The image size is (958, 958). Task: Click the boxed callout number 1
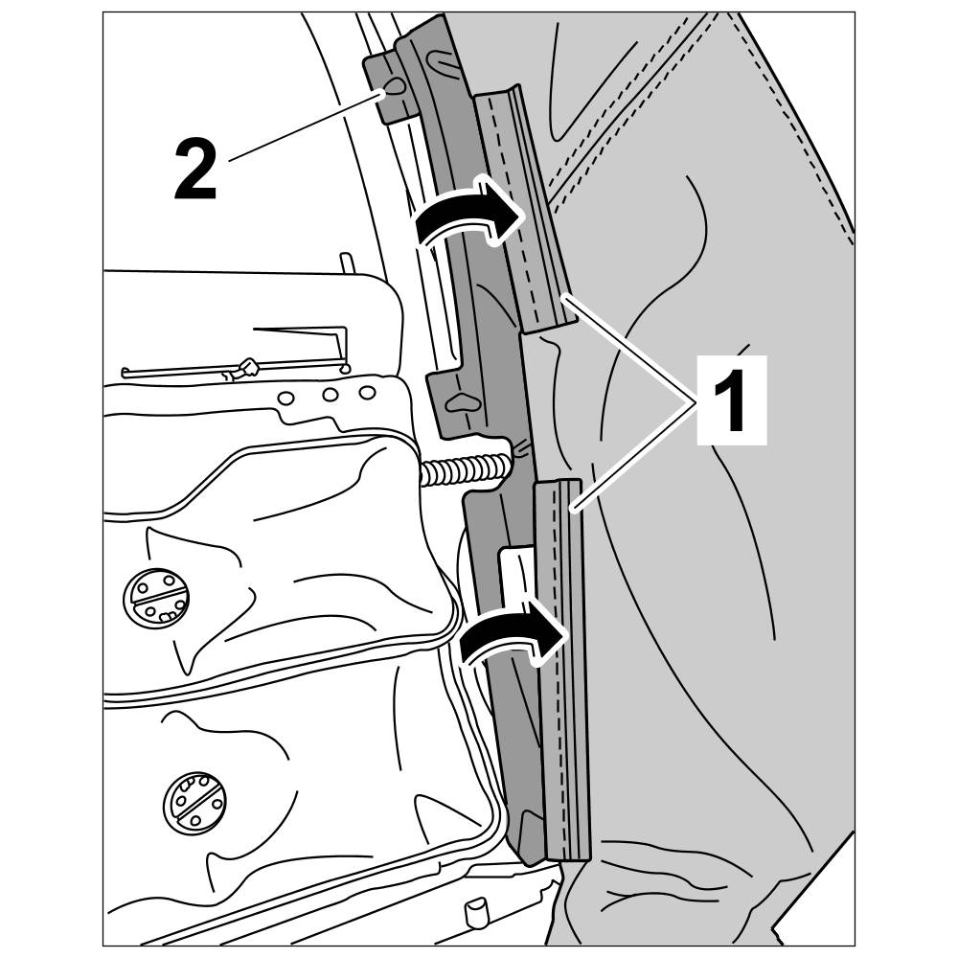pos(731,399)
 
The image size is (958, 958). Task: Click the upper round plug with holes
pos(155,597)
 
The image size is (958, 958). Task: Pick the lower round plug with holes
pos(195,797)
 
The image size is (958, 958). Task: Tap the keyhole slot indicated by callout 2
pos(394,90)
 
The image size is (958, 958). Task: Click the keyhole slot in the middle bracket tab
pos(462,403)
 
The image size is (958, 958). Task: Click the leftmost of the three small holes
pos(285,398)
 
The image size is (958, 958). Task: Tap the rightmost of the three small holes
pos(366,392)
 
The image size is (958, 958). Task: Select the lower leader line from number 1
pos(637,452)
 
